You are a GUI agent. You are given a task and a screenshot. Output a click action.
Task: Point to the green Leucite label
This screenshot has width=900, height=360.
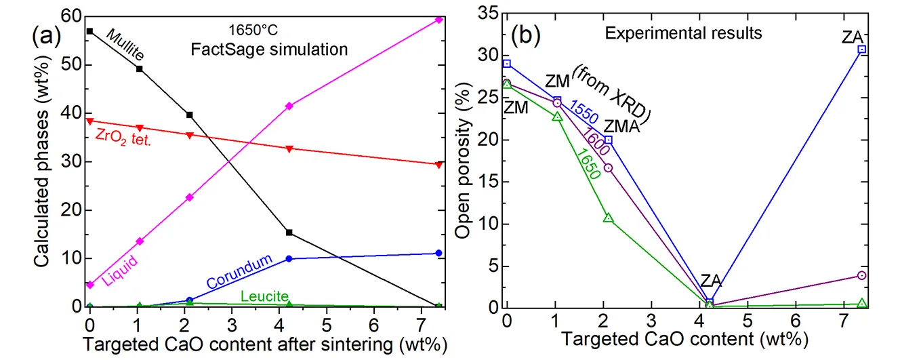tap(265, 296)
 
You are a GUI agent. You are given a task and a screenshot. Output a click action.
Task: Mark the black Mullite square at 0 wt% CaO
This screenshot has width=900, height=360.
tap(90, 31)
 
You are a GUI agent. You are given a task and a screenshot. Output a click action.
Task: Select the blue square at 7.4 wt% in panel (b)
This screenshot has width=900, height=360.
tap(861, 49)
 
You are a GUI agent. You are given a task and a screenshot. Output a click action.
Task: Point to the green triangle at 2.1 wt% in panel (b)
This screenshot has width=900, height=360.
tap(608, 218)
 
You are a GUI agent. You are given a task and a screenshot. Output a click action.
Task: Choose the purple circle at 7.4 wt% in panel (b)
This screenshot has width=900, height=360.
tap(861, 275)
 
